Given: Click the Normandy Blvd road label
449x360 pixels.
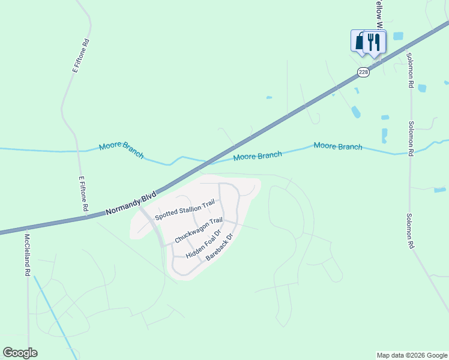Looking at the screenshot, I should [x=130, y=204].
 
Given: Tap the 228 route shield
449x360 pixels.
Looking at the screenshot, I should [x=363, y=72].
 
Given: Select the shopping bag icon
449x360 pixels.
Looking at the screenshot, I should [x=360, y=41].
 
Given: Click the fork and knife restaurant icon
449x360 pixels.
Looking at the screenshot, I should [x=374, y=41].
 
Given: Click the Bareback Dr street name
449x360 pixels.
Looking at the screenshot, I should [x=218, y=246].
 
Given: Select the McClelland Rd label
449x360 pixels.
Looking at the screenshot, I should [x=27, y=255].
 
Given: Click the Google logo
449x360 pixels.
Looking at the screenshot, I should [x=20, y=353].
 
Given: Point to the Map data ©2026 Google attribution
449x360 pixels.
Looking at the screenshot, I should [x=412, y=355].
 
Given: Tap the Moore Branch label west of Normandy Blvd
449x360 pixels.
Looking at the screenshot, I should [x=122, y=150].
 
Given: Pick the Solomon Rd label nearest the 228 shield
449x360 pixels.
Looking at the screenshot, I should [x=409, y=71].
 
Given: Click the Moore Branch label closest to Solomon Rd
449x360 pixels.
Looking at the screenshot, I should [x=338, y=146].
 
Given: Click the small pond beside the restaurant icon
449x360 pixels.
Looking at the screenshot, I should [x=398, y=36].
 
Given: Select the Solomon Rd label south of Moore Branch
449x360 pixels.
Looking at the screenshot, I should [x=409, y=231].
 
